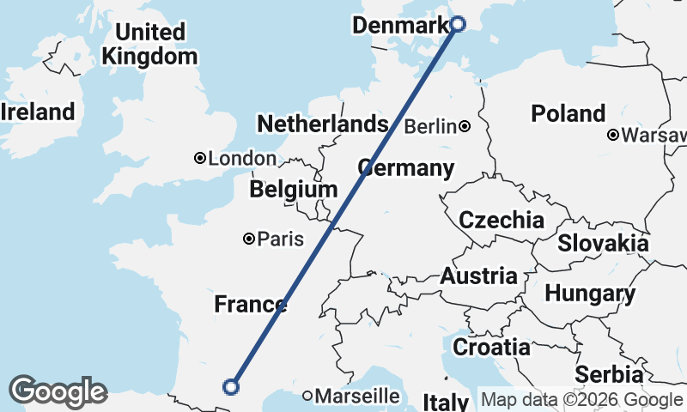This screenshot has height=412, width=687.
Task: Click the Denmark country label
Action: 400,26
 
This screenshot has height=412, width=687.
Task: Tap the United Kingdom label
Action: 149,45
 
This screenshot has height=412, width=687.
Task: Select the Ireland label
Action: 38,112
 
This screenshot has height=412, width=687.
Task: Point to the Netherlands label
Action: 322,124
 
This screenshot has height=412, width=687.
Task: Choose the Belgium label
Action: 293,189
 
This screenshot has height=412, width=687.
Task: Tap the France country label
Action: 250,304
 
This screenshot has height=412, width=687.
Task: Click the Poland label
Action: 568,113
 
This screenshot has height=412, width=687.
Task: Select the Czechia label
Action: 501,220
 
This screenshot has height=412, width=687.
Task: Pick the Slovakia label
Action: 602,243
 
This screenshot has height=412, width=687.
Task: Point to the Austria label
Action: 478,276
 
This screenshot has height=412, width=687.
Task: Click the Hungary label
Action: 589,294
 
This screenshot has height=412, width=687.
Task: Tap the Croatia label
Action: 491,347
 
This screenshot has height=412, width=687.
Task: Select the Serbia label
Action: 609,374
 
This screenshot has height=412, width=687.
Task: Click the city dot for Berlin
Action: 465,126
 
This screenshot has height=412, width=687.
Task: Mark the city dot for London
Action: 200,158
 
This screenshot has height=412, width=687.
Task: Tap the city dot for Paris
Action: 249,239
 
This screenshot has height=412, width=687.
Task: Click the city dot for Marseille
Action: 307,396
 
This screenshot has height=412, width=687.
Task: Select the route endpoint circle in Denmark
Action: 458,24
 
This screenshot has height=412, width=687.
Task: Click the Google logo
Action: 58,391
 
